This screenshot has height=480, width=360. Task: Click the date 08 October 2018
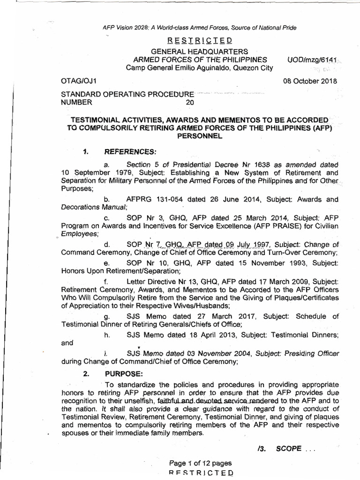tap(310, 81)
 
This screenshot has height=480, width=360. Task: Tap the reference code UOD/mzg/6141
tap(312, 60)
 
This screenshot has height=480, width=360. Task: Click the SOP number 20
tap(189, 102)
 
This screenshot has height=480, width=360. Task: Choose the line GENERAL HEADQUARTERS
tap(191, 51)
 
